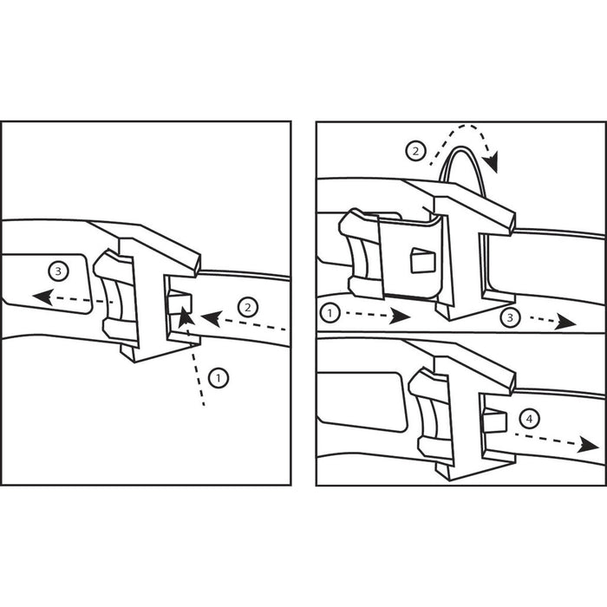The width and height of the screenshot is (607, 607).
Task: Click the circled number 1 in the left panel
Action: pos(219,378)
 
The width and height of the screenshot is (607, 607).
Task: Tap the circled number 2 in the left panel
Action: pos(248,308)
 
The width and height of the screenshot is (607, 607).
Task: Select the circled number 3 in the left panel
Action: pos(58,271)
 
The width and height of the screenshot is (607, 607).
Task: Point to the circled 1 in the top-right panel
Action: pos(330,313)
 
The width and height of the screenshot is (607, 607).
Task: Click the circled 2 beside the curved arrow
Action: pos(415,151)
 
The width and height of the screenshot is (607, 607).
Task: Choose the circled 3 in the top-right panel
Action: pos(510,318)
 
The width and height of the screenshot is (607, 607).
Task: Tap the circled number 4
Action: pos(529,419)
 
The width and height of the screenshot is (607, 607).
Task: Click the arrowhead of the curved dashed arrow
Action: pos(492,163)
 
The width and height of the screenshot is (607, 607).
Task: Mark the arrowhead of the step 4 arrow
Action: pos(589,445)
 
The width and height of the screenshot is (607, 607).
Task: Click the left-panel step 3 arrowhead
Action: pos(42,297)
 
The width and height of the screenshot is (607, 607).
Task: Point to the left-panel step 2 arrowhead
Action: pos(211,318)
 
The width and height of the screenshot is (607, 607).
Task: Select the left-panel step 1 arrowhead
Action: pos(186,317)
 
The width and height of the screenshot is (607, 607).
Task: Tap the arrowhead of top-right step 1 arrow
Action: pos(400,316)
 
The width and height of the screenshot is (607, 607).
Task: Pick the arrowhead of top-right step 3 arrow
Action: pos(566,322)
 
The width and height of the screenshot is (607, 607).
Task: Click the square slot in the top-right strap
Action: pos(423,260)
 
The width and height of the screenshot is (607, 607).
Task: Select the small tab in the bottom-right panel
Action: pos(495,421)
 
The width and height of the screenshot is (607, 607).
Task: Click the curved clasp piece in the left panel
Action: pos(115,297)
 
